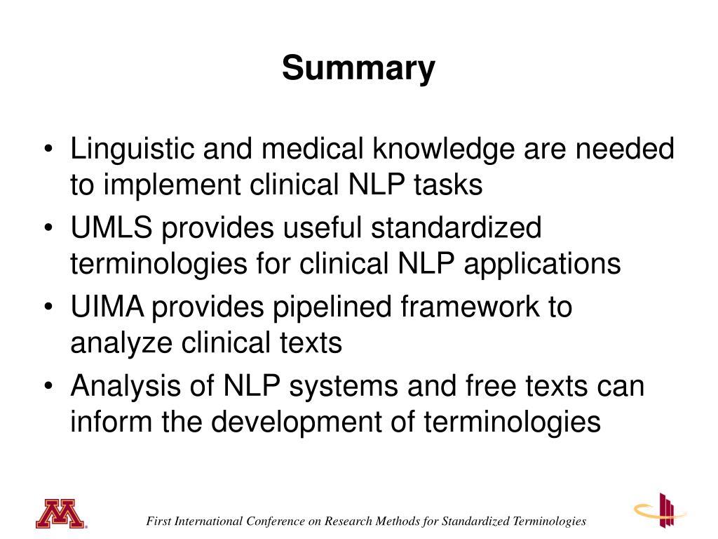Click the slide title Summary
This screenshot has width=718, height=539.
point(358,69)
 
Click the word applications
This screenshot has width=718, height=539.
point(538,265)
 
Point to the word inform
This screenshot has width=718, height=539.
point(104,422)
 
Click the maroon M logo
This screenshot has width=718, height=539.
point(60,514)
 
